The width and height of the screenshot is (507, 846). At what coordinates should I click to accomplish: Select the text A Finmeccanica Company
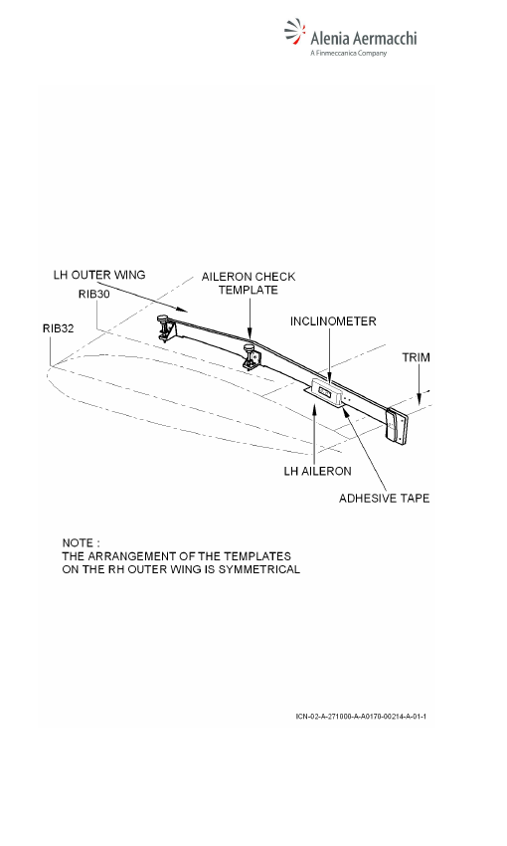coord(349,53)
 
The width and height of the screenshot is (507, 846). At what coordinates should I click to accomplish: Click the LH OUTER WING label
coord(99,275)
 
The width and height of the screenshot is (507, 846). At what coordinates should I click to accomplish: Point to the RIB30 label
coord(94,294)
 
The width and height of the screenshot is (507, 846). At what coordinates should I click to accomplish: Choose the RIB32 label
coord(59,328)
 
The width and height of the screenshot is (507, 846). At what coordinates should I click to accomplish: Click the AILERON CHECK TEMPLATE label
coord(249,284)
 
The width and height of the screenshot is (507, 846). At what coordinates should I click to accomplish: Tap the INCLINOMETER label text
coord(333,321)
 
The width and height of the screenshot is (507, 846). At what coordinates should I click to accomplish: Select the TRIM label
coord(416,357)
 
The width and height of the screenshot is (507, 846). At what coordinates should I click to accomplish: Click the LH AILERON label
coord(317,471)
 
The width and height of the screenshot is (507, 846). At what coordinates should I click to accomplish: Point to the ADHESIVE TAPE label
coord(384,498)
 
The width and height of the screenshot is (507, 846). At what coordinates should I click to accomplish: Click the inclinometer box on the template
coord(326,392)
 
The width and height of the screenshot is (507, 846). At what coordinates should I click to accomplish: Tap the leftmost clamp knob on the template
coord(162,321)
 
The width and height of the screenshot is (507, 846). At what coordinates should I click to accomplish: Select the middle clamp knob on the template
coord(249,349)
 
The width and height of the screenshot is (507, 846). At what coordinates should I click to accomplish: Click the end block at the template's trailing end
coord(397,426)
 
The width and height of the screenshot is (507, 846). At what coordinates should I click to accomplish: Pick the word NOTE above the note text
coord(78,542)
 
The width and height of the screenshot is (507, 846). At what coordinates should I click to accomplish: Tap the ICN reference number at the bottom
coord(361,717)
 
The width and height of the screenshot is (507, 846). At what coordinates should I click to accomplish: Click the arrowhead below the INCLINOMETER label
coord(329,380)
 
